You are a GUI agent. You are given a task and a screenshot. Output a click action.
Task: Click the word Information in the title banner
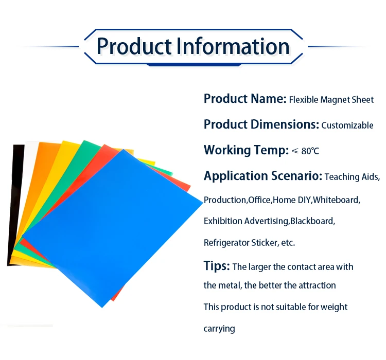point(233,46)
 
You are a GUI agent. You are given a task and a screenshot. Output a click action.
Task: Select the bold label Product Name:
point(244,99)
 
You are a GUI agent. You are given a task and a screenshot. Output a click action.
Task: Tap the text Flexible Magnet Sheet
point(331,100)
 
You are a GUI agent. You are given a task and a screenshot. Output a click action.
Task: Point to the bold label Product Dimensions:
point(261,124)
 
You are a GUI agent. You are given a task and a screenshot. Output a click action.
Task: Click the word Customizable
point(347,125)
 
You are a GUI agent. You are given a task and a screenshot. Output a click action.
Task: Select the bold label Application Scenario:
point(263,176)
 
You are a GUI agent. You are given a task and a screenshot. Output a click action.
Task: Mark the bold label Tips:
point(216,266)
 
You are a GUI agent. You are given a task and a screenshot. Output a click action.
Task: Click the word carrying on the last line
point(219,329)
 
